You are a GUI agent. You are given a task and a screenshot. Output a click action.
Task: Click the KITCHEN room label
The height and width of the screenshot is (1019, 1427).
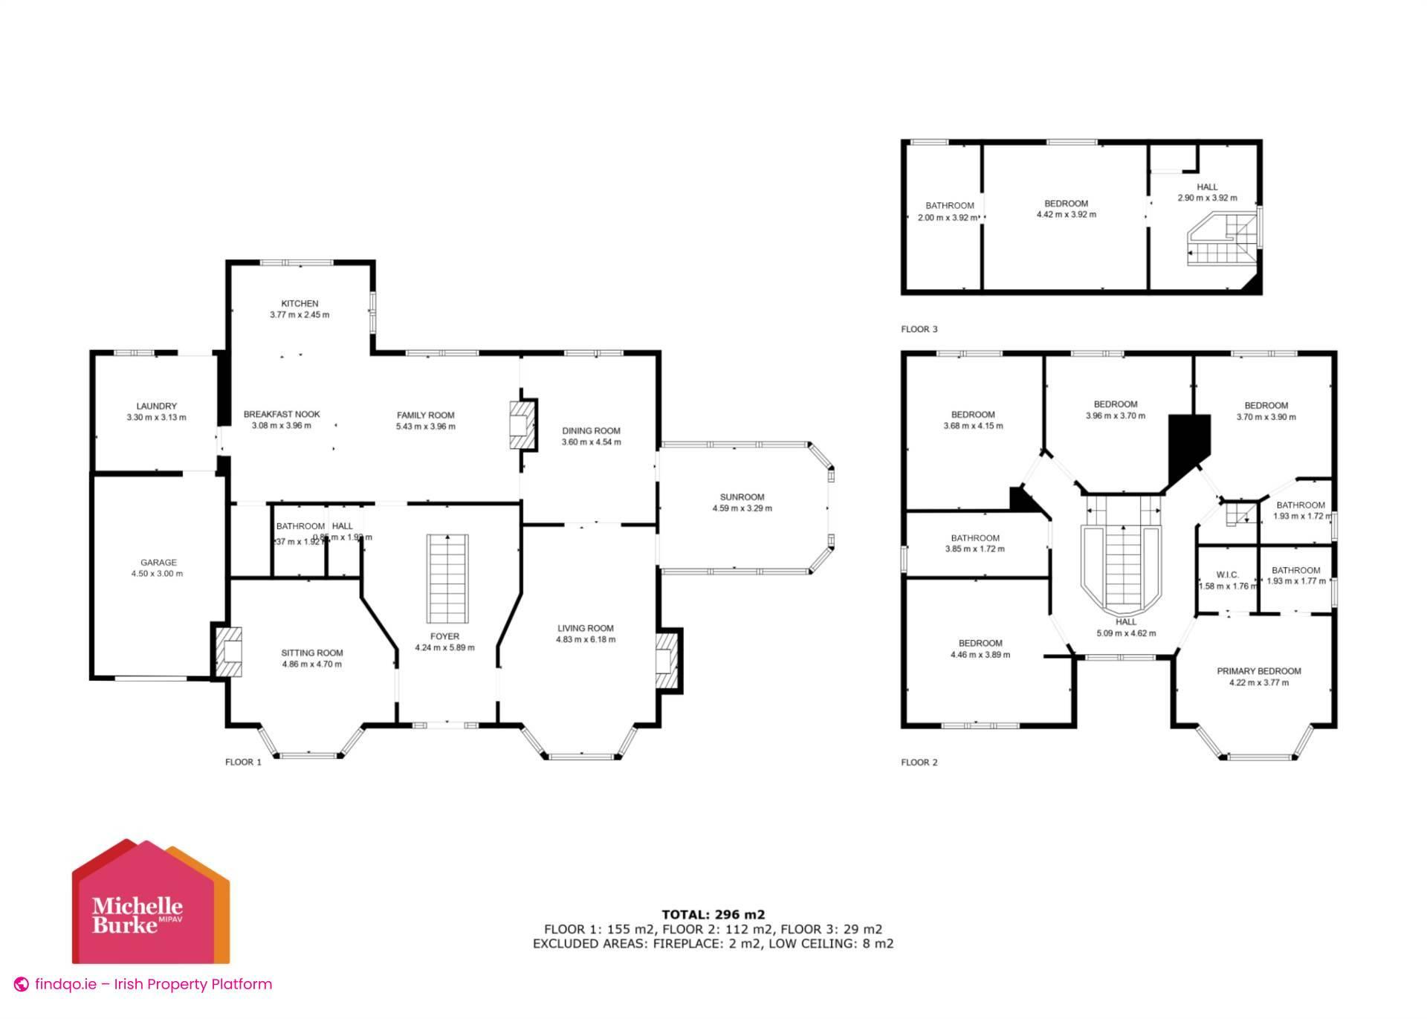(x=300, y=303)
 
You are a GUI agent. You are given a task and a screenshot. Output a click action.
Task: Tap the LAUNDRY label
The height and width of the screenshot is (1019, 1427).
(x=156, y=406)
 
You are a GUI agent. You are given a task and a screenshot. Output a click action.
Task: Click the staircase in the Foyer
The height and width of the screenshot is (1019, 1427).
(x=447, y=578)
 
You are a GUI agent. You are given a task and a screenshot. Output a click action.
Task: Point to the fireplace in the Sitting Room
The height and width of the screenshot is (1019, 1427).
(x=228, y=652)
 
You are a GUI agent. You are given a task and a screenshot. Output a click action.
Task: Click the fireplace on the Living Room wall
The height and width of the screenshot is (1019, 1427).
(x=667, y=659)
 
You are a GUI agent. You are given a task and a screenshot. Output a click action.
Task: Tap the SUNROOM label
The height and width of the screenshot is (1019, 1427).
(x=742, y=496)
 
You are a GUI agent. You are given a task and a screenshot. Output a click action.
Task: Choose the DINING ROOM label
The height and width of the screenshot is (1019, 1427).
(x=591, y=430)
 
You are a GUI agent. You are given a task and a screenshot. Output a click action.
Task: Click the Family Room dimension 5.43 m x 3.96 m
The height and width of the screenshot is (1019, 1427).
(x=426, y=427)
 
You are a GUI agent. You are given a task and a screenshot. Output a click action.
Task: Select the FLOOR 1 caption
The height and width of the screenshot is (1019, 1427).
(x=244, y=762)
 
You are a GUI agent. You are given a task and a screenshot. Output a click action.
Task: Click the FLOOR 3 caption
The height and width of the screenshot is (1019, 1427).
(x=919, y=329)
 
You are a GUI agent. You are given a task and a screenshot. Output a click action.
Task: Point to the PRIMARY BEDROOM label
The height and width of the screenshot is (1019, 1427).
(x=1259, y=671)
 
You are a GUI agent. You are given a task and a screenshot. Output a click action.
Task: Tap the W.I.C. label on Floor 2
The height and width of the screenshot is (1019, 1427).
(x=1227, y=575)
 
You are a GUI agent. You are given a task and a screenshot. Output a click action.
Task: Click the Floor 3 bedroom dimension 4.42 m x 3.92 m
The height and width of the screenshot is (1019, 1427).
(x=1067, y=214)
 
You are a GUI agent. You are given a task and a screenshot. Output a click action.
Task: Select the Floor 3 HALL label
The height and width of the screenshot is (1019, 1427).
(x=1207, y=187)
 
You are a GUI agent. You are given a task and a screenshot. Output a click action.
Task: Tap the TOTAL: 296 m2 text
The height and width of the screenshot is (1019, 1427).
(x=713, y=914)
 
